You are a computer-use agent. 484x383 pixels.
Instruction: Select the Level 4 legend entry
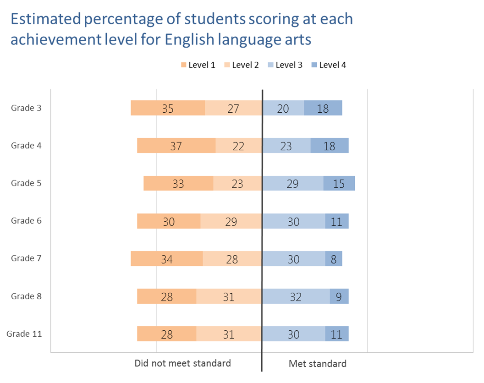click(328, 65)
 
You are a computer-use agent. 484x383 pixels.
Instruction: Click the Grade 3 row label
click(26, 108)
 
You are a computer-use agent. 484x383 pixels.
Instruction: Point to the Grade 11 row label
click(24, 334)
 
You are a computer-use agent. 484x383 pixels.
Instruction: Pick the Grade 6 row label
click(26, 221)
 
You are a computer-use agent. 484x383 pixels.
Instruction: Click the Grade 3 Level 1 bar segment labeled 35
click(168, 108)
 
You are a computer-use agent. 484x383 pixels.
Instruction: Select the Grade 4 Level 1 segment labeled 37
click(176, 146)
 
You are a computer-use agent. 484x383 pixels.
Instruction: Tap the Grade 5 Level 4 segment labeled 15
click(339, 183)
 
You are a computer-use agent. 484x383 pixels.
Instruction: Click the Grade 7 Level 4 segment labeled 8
click(334, 258)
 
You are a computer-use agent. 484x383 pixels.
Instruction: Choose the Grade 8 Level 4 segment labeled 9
click(339, 296)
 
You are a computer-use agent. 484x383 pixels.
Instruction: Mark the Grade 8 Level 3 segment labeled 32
click(296, 296)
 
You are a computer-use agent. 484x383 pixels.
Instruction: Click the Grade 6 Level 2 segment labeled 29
click(231, 221)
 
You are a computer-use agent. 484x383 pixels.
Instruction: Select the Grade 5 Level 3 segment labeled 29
click(292, 183)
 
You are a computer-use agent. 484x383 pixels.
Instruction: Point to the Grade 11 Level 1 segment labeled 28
click(167, 334)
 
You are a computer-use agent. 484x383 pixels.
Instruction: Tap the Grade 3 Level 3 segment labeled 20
click(283, 108)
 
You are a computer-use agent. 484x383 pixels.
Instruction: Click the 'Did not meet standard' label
click(182, 364)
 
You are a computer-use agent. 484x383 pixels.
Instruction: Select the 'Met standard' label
click(318, 364)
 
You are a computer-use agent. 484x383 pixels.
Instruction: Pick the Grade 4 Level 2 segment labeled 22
click(238, 146)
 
